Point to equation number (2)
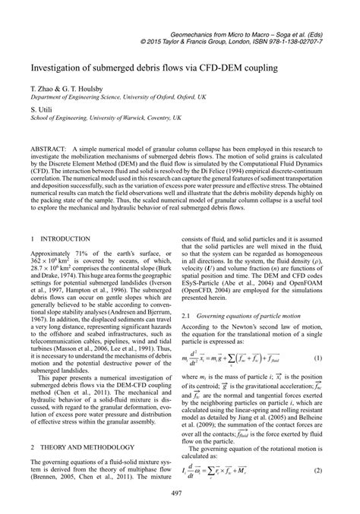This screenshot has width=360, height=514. (x=325, y=471)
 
